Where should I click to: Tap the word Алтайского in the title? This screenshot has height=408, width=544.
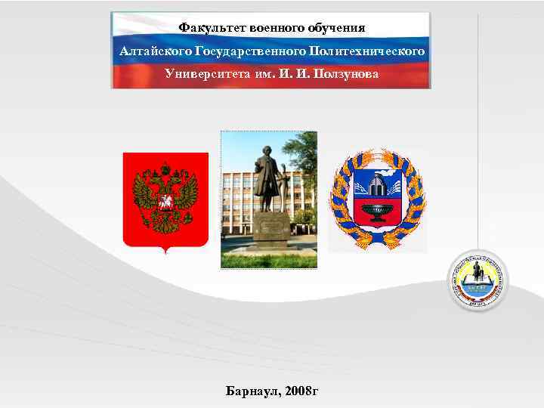pyautogui.click(x=155, y=51)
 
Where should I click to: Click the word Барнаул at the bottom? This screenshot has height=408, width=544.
pyautogui.click(x=252, y=391)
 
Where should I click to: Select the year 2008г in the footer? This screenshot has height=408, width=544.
pyautogui.click(x=301, y=391)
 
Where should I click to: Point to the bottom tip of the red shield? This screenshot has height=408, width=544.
pyautogui.click(x=165, y=252)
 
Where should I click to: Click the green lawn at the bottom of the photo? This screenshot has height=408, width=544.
pyautogui.click(x=269, y=260)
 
